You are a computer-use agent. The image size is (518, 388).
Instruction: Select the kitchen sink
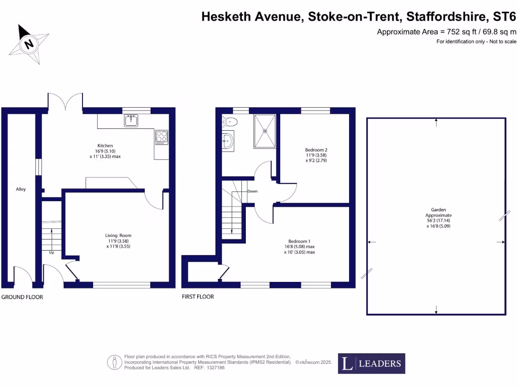[x=131, y=120]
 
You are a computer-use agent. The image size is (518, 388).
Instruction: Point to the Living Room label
[x=118, y=235]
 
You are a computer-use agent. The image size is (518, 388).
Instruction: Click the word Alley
[x=21, y=189]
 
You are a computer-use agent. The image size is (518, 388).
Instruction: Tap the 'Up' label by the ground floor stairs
[x=52, y=252]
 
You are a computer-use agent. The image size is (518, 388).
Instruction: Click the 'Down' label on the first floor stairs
[x=252, y=191]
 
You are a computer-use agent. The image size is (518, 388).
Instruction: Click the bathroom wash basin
[x=228, y=141]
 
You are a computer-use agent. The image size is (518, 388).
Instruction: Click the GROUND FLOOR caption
[x=22, y=297]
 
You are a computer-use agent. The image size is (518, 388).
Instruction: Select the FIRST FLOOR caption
[x=198, y=297]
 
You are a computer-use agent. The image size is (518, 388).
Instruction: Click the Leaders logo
[x=371, y=363]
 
